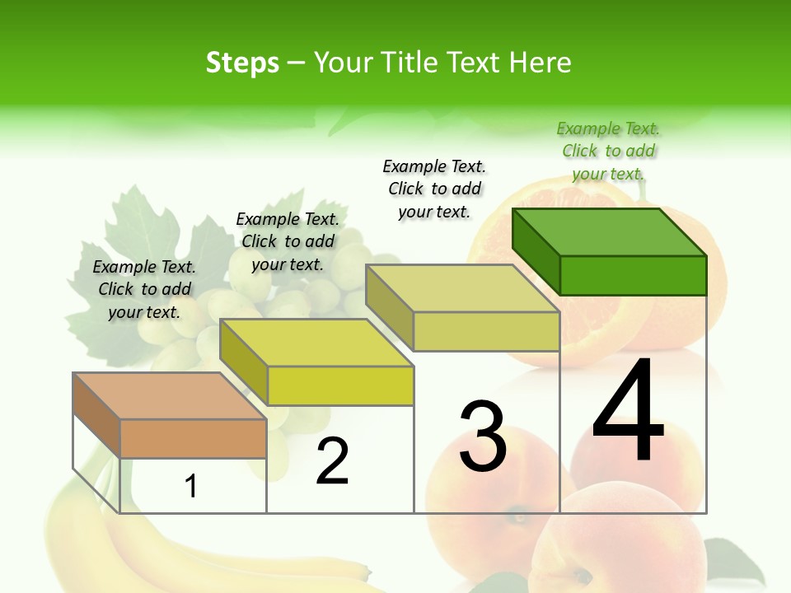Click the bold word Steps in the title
click(242, 63)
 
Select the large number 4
click(629, 411)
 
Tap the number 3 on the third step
click(483, 437)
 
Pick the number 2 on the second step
click(333, 461)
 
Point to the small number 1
click(191, 487)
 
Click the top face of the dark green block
click(610, 231)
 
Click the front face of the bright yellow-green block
click(340, 385)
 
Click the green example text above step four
click(608, 152)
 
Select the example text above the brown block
click(144, 290)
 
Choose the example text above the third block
click(434, 189)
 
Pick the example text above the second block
click(288, 241)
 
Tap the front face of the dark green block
click(633, 275)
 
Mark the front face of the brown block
click(193, 438)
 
